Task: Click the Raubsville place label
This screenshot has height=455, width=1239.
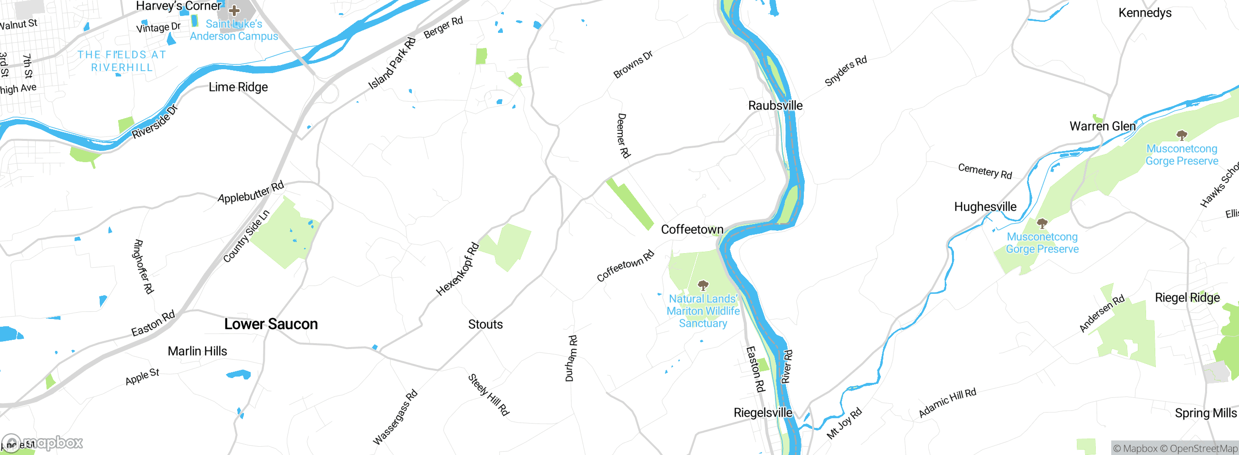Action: point(775,106)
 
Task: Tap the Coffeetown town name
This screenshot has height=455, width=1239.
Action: point(692,229)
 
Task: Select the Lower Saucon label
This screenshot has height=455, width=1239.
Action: point(271,324)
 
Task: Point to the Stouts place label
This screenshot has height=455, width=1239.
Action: point(485,324)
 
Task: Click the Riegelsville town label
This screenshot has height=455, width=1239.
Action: point(763,413)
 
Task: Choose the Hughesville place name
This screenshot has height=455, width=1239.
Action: point(985,207)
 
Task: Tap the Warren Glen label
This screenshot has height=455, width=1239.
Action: point(1103,126)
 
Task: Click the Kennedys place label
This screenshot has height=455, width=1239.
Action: point(1145,13)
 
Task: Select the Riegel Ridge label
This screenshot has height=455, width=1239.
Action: point(1187,298)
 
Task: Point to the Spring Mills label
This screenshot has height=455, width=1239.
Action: point(1206,413)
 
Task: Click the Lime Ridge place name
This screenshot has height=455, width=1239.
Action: point(238,87)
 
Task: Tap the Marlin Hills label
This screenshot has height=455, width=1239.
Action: point(197,351)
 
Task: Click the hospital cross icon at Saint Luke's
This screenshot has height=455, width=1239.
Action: point(234,10)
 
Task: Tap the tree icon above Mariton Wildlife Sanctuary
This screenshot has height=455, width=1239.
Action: point(703,285)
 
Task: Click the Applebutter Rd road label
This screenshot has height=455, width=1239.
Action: point(251,193)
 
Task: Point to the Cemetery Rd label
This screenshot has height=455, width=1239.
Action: point(985,171)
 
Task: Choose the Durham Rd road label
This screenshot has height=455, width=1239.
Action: point(571,358)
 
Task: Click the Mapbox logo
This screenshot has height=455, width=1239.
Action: point(43,443)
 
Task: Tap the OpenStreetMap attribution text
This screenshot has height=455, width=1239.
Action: point(1203,449)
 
